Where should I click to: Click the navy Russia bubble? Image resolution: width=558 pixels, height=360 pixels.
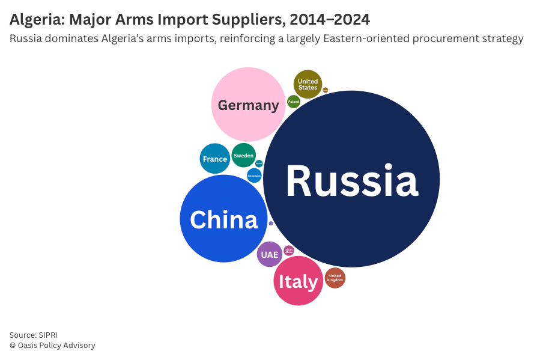tap(351, 179)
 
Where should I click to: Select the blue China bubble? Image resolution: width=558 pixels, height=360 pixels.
tap(223, 219)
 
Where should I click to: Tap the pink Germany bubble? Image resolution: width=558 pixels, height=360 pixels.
tap(248, 104)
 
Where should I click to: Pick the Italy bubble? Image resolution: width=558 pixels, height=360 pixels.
tap(298, 281)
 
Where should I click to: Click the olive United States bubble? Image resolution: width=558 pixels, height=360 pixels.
tap(308, 84)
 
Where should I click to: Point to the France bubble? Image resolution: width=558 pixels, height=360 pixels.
tap(214, 159)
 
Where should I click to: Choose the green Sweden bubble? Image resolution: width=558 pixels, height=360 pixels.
tap(243, 155)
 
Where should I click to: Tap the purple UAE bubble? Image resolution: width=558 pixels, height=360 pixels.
tap(270, 254)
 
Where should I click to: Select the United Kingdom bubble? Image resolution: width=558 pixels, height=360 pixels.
tap(335, 278)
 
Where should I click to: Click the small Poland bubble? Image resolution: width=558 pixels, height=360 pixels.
tap(293, 102)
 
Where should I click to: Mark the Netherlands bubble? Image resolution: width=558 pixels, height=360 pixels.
tap(254, 175)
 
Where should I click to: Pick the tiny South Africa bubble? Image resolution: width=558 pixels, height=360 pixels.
tap(289, 250)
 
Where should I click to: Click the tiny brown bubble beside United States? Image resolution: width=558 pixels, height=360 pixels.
tap(326, 90)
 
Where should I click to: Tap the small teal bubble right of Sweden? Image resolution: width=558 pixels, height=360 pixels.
tap(259, 163)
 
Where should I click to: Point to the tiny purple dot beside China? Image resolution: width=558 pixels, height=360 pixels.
tap(271, 223)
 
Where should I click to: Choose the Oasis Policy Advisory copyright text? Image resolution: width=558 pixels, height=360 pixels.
tap(56, 346)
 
